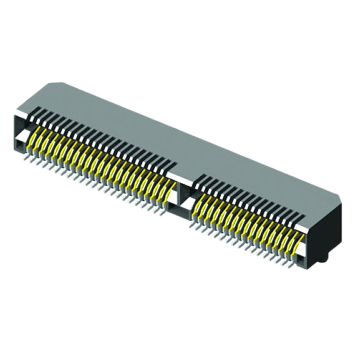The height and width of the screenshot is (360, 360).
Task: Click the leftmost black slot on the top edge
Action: [x=38, y=110]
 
